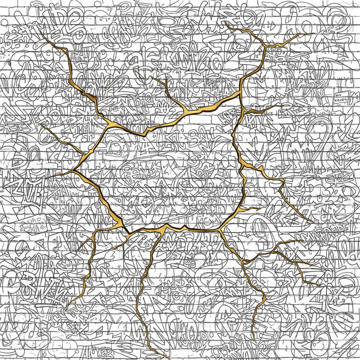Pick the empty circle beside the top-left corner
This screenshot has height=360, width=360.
coord(4,22)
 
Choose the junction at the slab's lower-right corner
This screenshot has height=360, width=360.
coord(220,231)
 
